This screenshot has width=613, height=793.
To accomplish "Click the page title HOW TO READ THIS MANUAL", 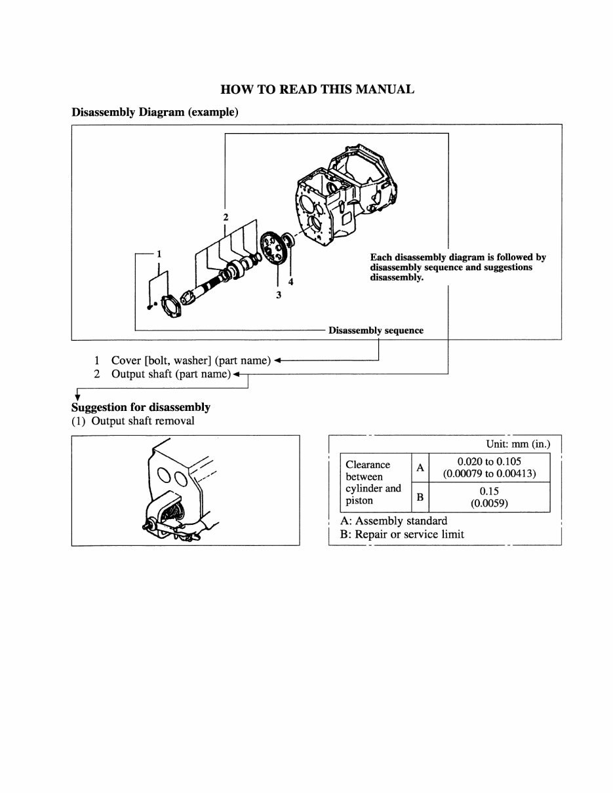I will point(317,90).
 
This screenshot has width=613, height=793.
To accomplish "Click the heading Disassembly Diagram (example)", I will point(154,112).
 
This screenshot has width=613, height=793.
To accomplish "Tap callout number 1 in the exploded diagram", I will point(159,254).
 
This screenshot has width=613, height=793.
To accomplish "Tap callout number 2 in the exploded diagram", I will point(225,217).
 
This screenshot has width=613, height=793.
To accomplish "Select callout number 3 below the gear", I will point(279,296).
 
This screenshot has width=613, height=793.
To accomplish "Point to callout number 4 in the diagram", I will point(291,282).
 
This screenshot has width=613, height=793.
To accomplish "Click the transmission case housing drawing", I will point(344,197).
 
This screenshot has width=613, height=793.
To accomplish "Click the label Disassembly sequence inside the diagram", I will point(376,330).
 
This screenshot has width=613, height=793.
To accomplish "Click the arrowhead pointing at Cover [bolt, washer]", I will point(278,360).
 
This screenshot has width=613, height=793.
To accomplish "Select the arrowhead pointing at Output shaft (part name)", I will point(237,374).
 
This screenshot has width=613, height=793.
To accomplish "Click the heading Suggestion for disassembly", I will point(140,407).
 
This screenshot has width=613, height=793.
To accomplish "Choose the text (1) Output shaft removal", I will point(133,421).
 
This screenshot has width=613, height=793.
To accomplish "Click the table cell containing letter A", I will point(420,468).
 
